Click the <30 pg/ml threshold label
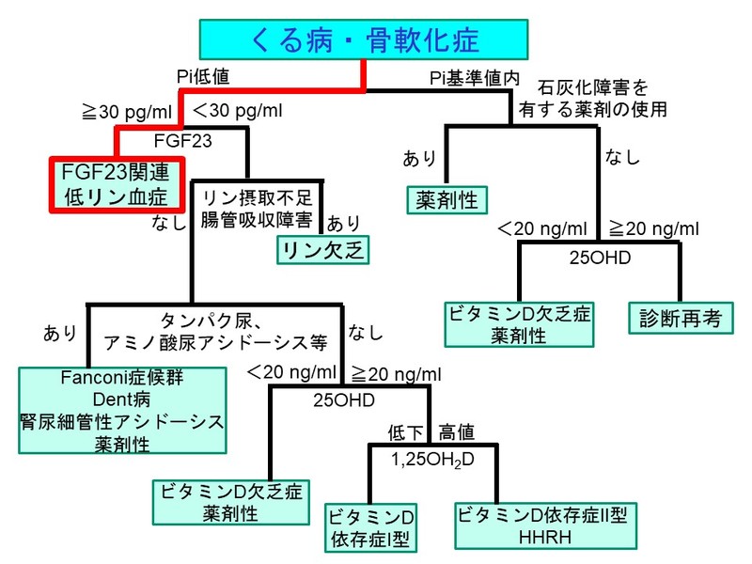(237, 112)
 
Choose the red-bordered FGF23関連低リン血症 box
(116, 185)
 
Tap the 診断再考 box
(677, 319)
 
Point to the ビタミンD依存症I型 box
(369, 527)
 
